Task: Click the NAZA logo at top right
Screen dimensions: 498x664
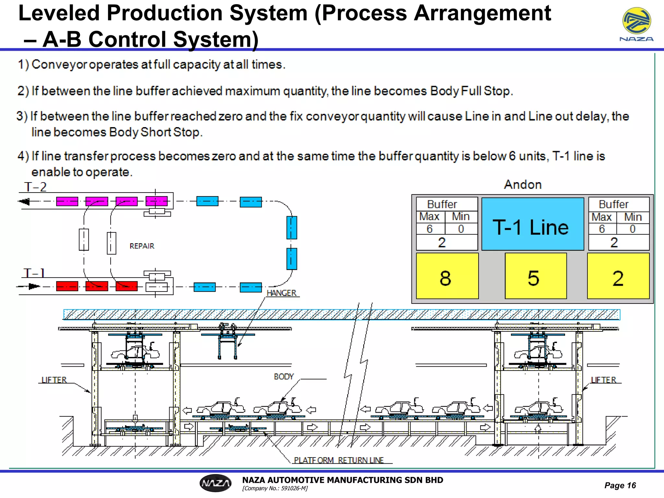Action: click(x=636, y=24)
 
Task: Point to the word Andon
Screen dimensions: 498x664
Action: click(x=523, y=185)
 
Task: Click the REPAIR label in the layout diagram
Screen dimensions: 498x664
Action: click(x=142, y=246)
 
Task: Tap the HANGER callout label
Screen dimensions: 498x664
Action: click(x=281, y=293)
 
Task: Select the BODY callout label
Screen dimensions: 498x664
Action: click(x=284, y=377)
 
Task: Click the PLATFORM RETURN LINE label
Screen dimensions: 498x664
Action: click(x=339, y=460)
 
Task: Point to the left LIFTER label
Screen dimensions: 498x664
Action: click(x=54, y=380)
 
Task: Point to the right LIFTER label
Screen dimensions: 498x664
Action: click(x=603, y=380)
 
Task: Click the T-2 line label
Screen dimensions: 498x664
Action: click(x=35, y=187)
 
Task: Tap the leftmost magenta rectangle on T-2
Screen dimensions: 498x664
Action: click(x=67, y=201)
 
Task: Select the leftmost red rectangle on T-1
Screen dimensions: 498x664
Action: click(x=67, y=286)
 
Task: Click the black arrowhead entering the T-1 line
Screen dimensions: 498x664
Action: click(x=34, y=286)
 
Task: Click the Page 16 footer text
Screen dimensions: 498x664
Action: click(x=620, y=485)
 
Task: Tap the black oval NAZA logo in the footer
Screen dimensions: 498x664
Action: click(x=216, y=483)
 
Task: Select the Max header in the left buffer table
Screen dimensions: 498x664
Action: click(x=429, y=216)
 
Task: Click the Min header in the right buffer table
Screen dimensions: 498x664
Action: click(x=633, y=217)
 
